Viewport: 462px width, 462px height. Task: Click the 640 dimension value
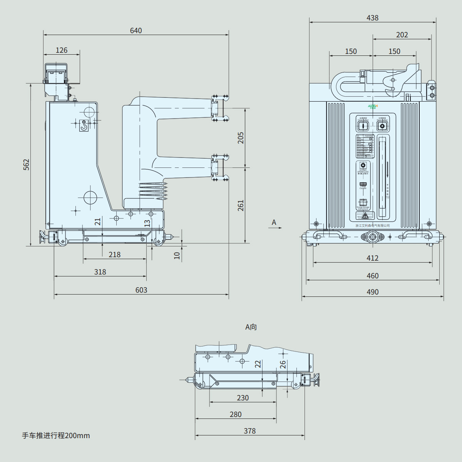[136, 31]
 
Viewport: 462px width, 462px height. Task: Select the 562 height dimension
[26, 164]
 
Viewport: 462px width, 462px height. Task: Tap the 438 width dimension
[372, 18]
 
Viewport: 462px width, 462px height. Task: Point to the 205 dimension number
[241, 138]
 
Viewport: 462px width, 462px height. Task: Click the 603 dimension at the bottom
[141, 290]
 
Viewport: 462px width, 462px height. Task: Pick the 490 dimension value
[372, 292]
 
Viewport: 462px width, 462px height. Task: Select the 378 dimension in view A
[249, 431]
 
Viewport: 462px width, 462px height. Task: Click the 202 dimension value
[402, 35]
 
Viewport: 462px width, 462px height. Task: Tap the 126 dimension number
[62, 50]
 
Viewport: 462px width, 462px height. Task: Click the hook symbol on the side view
[84, 126]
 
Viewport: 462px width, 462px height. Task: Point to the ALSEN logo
[373, 106]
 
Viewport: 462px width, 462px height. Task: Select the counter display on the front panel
[363, 184]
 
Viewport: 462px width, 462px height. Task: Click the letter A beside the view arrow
[274, 222]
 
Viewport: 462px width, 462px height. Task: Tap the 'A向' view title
[251, 327]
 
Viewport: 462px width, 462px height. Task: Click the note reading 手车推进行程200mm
[56, 435]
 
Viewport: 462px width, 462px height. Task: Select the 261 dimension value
[241, 205]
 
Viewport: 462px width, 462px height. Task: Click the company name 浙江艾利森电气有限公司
[372, 226]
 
